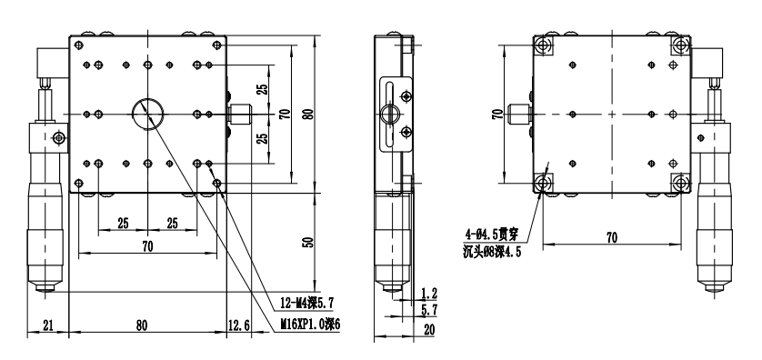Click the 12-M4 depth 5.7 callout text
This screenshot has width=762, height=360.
306,304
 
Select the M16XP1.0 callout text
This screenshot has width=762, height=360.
309,324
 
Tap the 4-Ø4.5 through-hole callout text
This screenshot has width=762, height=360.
492,235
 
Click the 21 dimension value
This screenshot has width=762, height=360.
47,325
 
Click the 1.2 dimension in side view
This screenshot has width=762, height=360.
429,293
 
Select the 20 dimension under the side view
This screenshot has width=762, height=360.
429,329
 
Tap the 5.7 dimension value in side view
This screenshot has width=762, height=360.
429,309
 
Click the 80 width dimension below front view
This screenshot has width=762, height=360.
142,325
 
